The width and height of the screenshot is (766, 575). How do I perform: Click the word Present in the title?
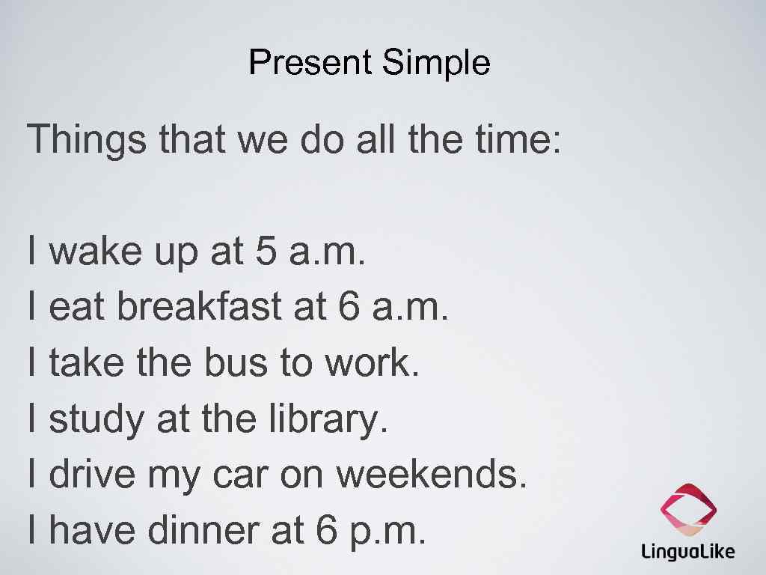(310, 62)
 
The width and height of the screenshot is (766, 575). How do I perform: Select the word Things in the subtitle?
(86, 140)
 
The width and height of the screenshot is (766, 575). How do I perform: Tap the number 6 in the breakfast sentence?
(349, 306)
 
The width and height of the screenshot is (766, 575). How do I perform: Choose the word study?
(96, 419)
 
